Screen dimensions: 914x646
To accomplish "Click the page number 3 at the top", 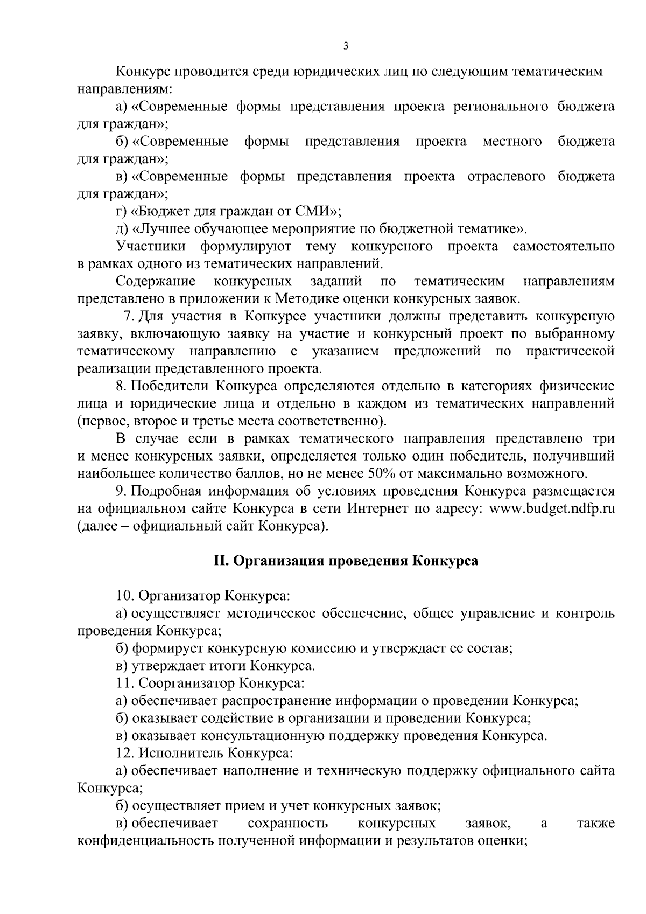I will click(x=346, y=46).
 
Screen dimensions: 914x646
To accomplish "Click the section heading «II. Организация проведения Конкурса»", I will click(x=346, y=561).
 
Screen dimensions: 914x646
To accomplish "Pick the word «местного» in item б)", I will click(x=512, y=142).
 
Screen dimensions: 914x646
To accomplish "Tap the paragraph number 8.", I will click(x=120, y=386).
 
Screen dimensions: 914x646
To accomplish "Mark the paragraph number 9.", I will click(x=120, y=491).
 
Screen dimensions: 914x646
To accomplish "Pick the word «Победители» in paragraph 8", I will click(x=171, y=386).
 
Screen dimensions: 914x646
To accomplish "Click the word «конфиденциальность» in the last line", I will click(x=146, y=841).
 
